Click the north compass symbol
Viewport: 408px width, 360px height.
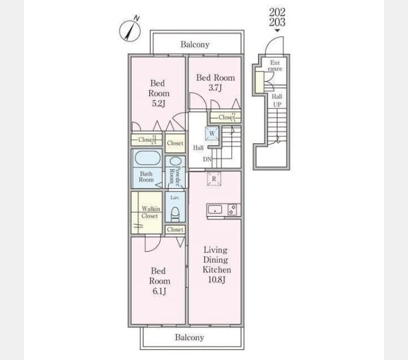pyautogui.click(x=130, y=31)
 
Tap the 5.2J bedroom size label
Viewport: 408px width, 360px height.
pyautogui.click(x=159, y=104)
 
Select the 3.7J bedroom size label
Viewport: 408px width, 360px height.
pyautogui.click(x=215, y=88)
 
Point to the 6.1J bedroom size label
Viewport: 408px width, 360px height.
pyautogui.click(x=159, y=291)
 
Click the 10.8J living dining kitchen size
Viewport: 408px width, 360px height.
pyautogui.click(x=217, y=280)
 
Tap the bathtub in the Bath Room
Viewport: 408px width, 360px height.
pyautogui.click(x=148, y=158)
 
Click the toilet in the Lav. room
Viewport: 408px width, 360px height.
pyautogui.click(x=175, y=214)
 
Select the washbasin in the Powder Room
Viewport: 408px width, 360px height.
pyautogui.click(x=175, y=161)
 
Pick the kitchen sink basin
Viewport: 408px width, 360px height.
pyautogui.click(x=215, y=209)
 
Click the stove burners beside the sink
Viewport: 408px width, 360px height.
pyautogui.click(x=232, y=209)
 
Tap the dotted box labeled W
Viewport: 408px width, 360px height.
pyautogui.click(x=212, y=134)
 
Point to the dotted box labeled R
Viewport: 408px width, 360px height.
pyautogui.click(x=214, y=179)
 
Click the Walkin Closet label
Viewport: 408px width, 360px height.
pyautogui.click(x=151, y=212)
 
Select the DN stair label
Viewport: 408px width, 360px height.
pyautogui.click(x=207, y=159)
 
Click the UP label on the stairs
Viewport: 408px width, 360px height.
pyautogui.click(x=277, y=104)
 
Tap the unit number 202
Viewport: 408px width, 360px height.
pyautogui.click(x=277, y=12)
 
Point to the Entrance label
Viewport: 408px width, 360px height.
pyautogui.click(x=275, y=66)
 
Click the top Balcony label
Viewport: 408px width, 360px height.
pyautogui.click(x=195, y=44)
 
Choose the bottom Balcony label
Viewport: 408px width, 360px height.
pyautogui.click(x=190, y=337)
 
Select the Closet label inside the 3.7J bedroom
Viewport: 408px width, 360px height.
pyautogui.click(x=227, y=118)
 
